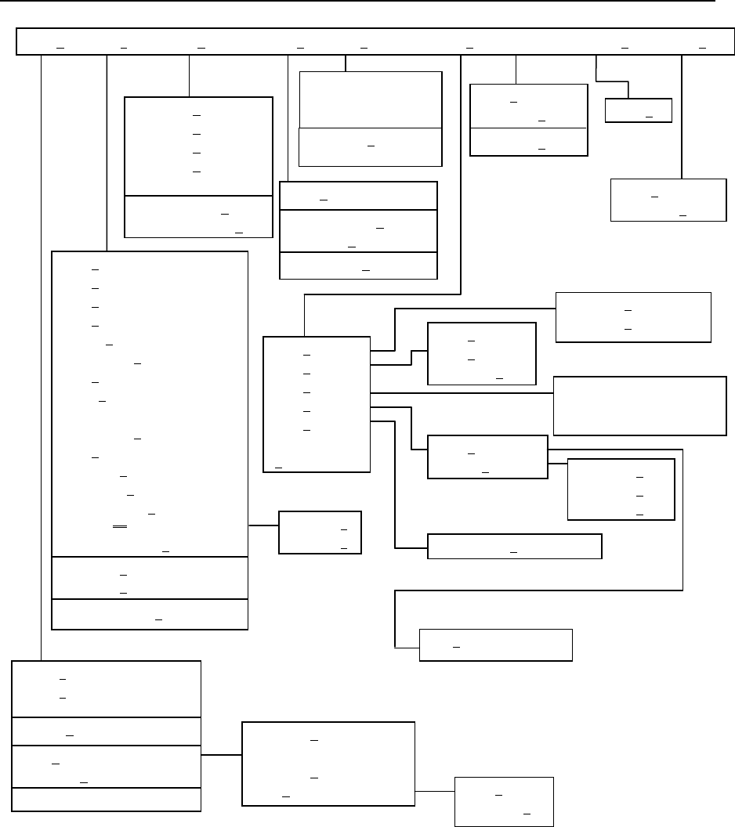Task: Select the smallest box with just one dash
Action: click(639, 110)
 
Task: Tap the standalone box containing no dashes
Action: click(639, 406)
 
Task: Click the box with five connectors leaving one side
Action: click(317, 404)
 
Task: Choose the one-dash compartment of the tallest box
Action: click(150, 615)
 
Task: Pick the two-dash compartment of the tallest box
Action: click(150, 579)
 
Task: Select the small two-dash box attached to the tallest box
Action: click(320, 533)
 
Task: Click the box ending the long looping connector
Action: click(496, 645)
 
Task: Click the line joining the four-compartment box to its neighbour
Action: click(221, 756)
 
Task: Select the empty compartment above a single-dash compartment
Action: click(370, 99)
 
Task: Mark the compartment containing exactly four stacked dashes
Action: click(198, 146)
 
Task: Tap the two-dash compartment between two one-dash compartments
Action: click(358, 231)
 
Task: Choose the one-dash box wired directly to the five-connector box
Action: click(514, 547)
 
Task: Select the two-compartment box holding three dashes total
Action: click(528, 120)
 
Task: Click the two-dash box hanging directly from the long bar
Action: click(668, 200)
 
